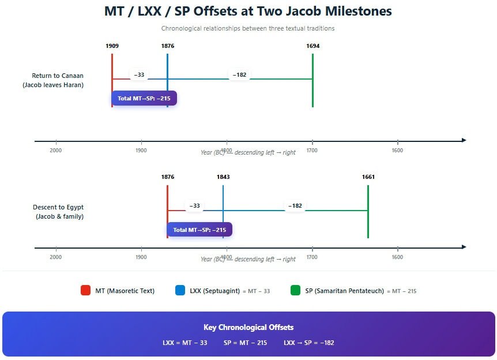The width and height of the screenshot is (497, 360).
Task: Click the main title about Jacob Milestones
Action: (x=248, y=11)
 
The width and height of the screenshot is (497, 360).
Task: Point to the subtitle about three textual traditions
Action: (x=248, y=28)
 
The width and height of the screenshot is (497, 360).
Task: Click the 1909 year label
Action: (x=112, y=46)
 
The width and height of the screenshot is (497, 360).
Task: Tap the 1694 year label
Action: (x=312, y=46)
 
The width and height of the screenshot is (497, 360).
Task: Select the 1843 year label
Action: (x=223, y=177)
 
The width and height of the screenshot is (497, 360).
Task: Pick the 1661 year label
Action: (x=368, y=177)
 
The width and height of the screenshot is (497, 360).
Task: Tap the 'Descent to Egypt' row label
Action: (x=58, y=212)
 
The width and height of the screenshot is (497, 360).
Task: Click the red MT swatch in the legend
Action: (x=85, y=291)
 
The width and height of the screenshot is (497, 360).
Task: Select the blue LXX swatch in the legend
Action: (x=180, y=291)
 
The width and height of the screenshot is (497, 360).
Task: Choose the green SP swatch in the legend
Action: (x=296, y=291)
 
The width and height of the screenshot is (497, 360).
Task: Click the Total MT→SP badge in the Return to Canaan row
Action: (x=144, y=98)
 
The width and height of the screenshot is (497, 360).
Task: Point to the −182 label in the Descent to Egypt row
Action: (x=295, y=206)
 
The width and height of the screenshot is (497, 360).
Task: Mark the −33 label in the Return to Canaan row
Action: (x=139, y=74)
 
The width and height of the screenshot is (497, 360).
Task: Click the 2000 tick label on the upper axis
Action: (x=56, y=151)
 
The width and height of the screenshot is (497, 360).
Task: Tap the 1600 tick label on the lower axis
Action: (x=397, y=257)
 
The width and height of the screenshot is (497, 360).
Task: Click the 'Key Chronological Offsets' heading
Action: (x=248, y=328)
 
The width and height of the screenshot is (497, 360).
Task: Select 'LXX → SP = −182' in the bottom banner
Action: (x=308, y=343)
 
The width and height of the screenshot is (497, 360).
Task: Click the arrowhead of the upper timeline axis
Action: (x=464, y=140)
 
